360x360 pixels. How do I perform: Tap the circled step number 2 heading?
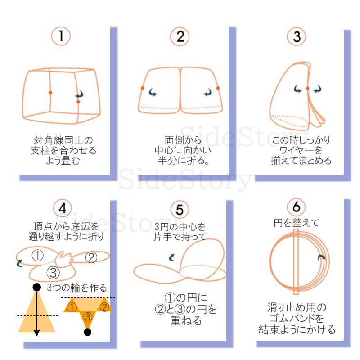click(x=180, y=36)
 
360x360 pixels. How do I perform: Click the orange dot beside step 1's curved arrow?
click(x=78, y=102)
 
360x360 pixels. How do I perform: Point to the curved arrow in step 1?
click(x=80, y=94)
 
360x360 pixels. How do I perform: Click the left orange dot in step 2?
click(x=143, y=88)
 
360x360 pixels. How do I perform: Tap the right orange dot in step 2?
click(x=218, y=88)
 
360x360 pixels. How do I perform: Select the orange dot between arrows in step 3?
click(x=308, y=89)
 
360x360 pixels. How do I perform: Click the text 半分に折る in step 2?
click(x=179, y=160)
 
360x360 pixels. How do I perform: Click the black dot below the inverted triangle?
click(x=88, y=333)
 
